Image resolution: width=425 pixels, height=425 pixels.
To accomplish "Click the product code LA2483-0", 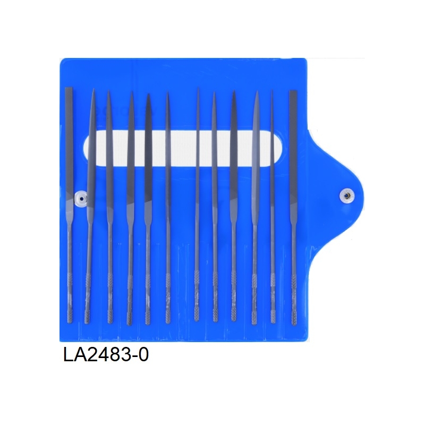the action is click(106, 354).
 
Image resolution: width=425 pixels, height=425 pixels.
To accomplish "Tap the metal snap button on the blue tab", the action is click(346, 195).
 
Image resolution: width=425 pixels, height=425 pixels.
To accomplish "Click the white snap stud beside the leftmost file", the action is click(81, 199).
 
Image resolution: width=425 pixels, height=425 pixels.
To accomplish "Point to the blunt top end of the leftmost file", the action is click(69, 88).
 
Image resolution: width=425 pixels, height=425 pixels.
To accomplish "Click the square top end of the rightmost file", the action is click(293, 91).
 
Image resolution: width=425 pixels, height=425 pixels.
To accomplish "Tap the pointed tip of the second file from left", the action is click(93, 89).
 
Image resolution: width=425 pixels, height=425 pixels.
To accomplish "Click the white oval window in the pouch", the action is click(182, 147).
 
